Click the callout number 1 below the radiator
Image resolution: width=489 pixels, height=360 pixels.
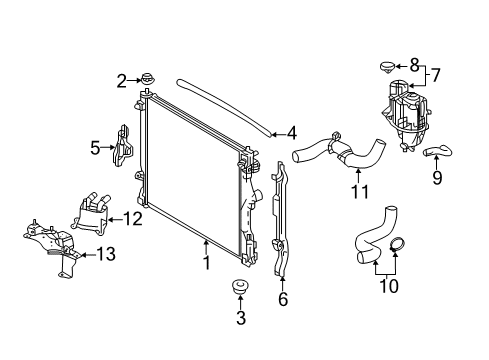[x=207, y=263]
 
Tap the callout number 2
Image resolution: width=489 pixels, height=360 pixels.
[x=122, y=81]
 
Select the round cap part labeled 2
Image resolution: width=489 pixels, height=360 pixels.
[x=147, y=80]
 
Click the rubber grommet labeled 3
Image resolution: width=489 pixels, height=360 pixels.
[x=239, y=288]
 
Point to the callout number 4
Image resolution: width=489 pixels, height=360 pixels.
[x=291, y=133]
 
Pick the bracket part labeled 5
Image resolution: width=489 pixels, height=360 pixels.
[x=123, y=146]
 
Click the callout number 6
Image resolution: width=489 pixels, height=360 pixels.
[x=283, y=299]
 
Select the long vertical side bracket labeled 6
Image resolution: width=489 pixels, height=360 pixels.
[x=280, y=219]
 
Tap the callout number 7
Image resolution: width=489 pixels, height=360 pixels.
[x=435, y=75]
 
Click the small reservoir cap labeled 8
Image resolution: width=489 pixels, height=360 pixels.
[x=387, y=67]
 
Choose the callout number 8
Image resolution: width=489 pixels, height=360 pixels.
[x=414, y=65]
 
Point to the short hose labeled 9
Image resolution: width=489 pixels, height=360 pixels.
[x=437, y=152]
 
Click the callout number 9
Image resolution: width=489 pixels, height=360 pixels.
[x=437, y=177]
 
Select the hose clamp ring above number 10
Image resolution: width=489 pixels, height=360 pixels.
[x=397, y=244]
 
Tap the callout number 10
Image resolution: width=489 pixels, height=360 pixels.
[x=389, y=286]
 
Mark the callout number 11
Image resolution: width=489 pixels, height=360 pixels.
[x=360, y=192]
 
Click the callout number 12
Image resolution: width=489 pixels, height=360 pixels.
[x=133, y=219]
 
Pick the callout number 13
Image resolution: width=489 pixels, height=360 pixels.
[x=106, y=254]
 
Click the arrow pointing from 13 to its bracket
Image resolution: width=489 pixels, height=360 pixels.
[x=88, y=255]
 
